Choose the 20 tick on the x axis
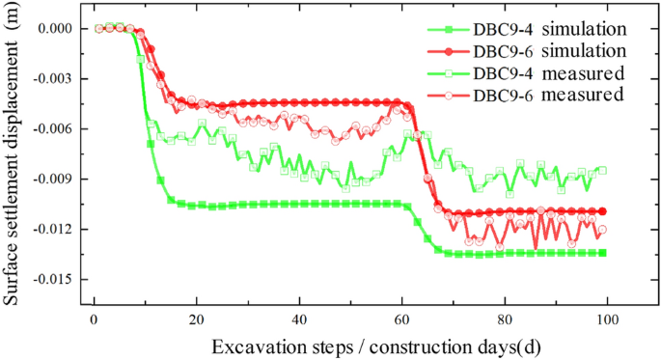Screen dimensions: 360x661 (x=196, y=319)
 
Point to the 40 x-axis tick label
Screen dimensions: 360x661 (x=299, y=319)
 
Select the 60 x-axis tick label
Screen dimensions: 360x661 (x=401, y=319)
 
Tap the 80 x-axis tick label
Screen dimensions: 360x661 (x=505, y=319)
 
